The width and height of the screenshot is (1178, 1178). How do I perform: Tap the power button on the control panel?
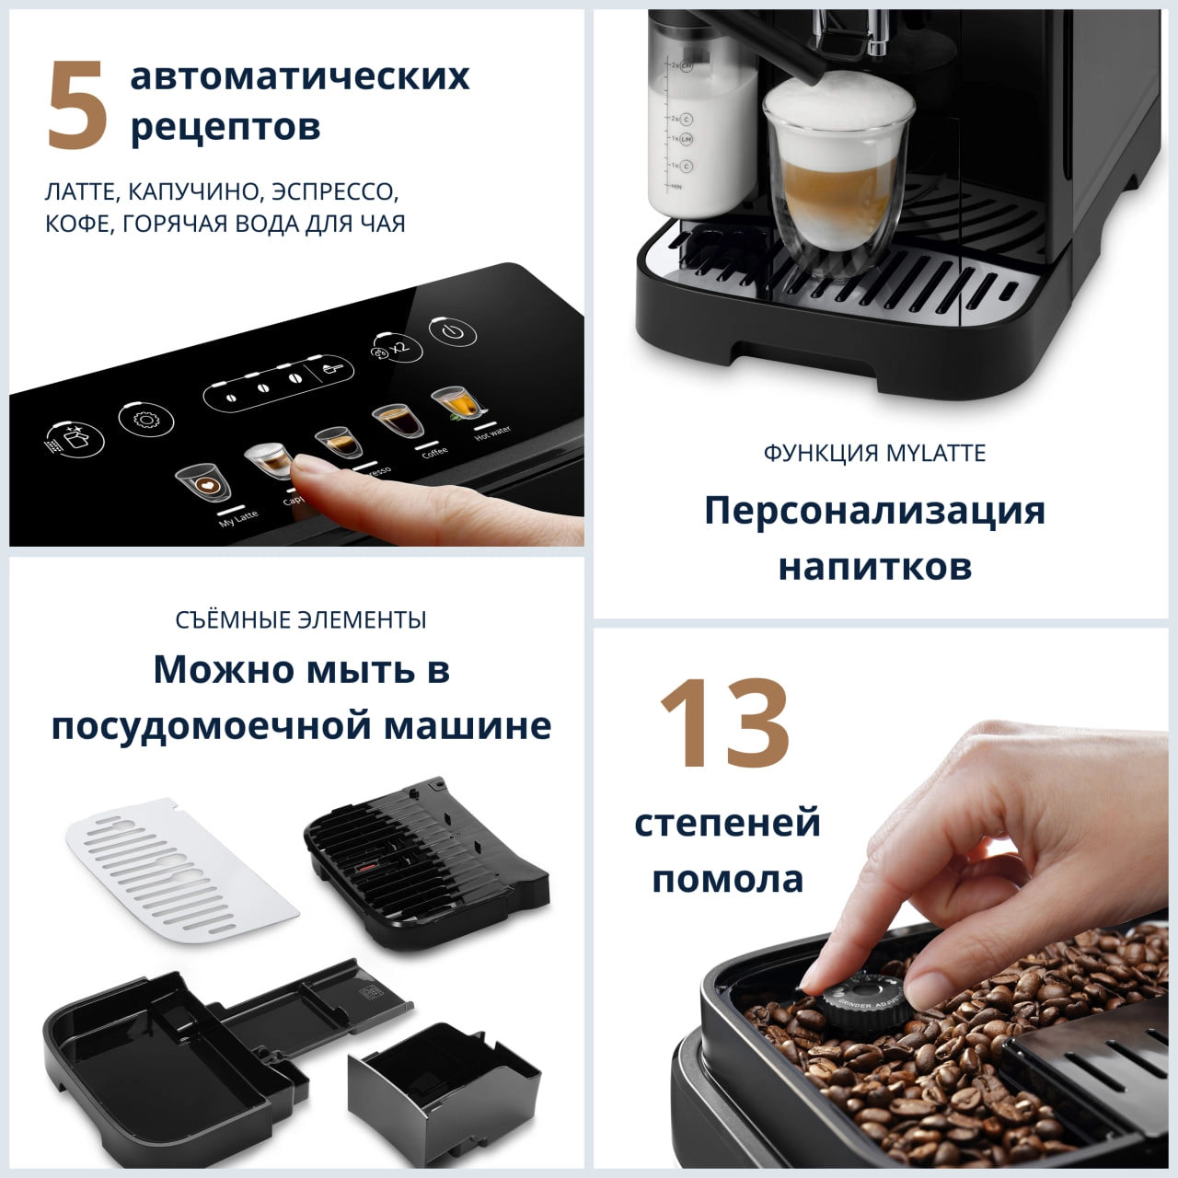pyautogui.click(x=453, y=330)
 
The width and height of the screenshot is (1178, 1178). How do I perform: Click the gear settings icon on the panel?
pyautogui.click(x=145, y=420)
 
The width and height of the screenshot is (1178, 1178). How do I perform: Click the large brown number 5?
pyautogui.click(x=77, y=105)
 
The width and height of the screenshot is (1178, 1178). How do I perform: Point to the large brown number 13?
pyautogui.click(x=724, y=723)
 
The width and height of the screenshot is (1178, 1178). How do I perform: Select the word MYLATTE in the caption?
pyautogui.click(x=936, y=453)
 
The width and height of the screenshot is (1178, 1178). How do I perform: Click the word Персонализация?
pyautogui.click(x=874, y=510)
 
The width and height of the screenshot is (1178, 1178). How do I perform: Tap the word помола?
pyautogui.click(x=727, y=879)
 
